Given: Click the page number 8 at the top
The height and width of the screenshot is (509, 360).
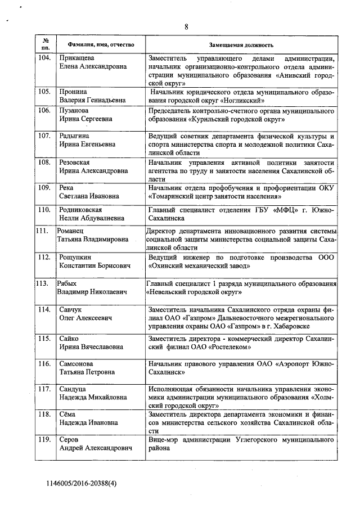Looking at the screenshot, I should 186,26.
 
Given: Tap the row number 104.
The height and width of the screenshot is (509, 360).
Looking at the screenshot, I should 45,58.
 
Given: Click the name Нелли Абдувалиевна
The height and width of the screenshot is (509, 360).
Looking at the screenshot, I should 88,219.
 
